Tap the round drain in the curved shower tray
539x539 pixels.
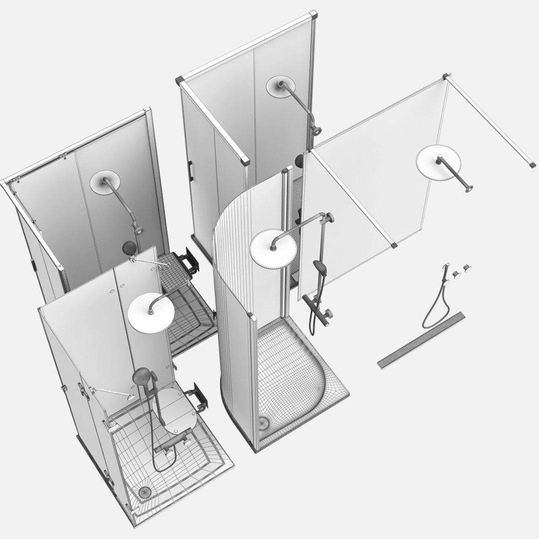[263, 423]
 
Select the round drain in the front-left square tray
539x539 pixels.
[144, 492]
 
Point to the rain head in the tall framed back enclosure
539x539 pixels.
[280, 87]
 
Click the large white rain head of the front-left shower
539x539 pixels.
[151, 313]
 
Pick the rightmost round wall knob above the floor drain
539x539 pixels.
[468, 268]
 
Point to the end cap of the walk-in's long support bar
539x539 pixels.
[532, 163]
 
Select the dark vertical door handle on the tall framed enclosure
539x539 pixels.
[190, 171]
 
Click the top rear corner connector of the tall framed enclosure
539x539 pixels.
[313, 15]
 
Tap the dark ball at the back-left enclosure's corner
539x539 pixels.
[129, 247]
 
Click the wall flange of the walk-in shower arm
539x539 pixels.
[468, 189]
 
